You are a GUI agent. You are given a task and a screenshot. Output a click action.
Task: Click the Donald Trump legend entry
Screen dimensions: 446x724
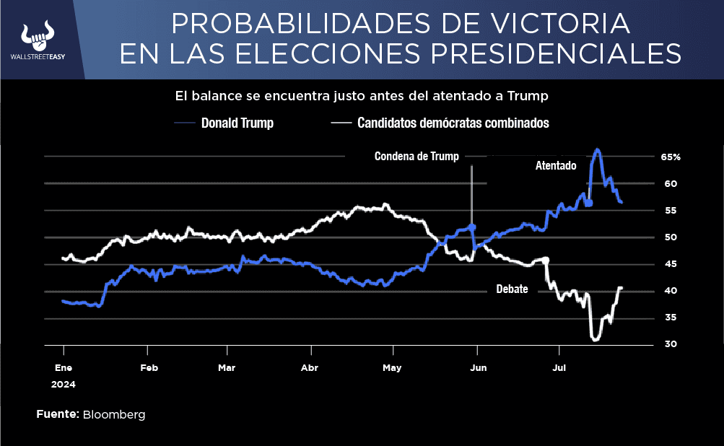(x=237, y=123)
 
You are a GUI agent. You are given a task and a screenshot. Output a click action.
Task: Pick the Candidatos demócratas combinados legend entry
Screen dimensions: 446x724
(x=453, y=123)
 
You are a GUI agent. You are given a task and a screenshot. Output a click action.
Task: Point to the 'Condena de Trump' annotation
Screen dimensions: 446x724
(x=416, y=156)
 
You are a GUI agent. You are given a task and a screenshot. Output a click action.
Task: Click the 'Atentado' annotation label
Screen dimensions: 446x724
(x=555, y=165)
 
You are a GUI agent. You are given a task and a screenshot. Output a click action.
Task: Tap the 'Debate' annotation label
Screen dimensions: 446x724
(x=512, y=289)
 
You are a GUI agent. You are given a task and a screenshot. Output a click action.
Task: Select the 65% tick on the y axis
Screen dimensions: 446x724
(x=671, y=157)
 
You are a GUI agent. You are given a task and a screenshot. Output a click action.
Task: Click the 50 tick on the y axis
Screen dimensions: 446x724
(x=671, y=237)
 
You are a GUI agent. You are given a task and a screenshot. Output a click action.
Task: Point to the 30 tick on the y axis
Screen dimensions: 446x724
(x=671, y=344)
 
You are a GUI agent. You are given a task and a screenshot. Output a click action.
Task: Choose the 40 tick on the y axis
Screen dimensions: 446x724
(x=671, y=291)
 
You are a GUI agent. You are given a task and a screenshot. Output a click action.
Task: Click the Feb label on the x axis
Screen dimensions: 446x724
(x=149, y=367)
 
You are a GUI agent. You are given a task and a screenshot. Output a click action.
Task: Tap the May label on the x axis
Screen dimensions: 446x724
(x=392, y=367)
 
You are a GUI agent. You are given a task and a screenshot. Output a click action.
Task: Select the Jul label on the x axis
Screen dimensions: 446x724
(x=558, y=367)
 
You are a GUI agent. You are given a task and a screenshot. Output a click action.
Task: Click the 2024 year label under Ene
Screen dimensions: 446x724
(x=63, y=385)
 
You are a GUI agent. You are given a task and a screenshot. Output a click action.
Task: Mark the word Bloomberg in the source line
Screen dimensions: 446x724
(x=114, y=415)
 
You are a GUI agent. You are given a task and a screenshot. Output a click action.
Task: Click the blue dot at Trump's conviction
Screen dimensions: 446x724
(x=472, y=227)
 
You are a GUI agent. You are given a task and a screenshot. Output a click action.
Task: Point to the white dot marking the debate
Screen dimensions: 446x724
(x=546, y=260)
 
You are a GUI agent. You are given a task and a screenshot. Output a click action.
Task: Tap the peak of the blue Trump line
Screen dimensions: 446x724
(x=597, y=150)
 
